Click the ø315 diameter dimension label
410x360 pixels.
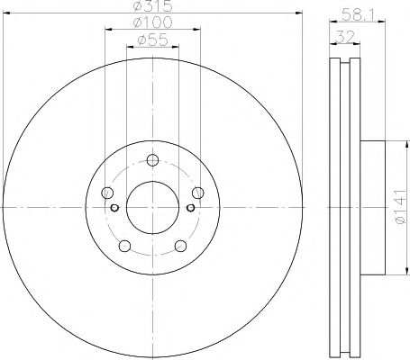(x=150, y=8)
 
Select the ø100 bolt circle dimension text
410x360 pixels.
(x=150, y=21)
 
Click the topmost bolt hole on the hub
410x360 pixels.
(x=151, y=160)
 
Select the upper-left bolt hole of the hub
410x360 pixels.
(x=108, y=192)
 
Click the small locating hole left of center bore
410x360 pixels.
(x=114, y=206)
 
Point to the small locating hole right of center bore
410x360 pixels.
(x=188, y=206)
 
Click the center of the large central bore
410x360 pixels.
(x=151, y=206)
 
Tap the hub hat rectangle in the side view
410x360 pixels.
(x=374, y=206)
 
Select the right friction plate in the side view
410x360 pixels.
(x=355, y=206)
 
